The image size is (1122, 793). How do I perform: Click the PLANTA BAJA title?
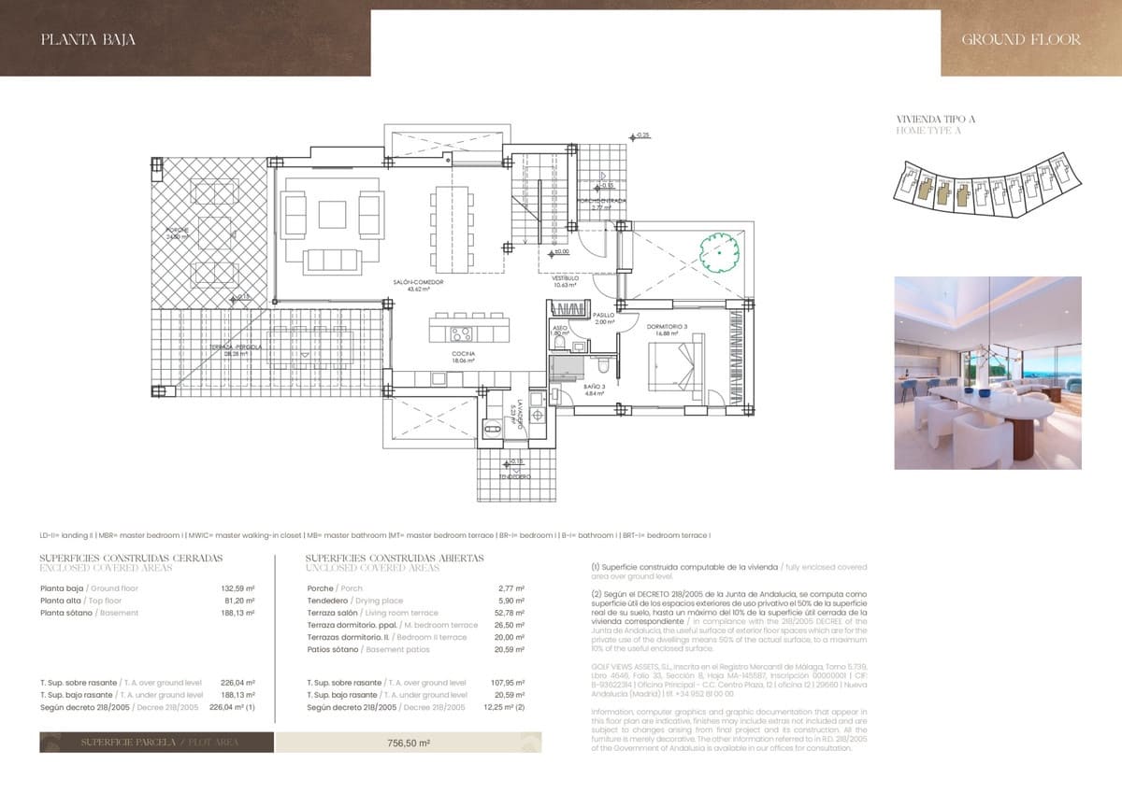(x=89, y=39)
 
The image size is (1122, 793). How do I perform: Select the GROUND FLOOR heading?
(x=1020, y=39)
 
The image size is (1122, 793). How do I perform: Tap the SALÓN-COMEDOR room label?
(x=424, y=285)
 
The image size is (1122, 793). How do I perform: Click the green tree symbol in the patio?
(x=719, y=250)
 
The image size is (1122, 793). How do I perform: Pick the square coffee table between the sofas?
(x=333, y=214)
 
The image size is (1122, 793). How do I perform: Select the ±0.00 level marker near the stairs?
(x=560, y=252)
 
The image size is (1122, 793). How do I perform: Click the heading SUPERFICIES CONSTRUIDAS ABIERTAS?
(x=394, y=558)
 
